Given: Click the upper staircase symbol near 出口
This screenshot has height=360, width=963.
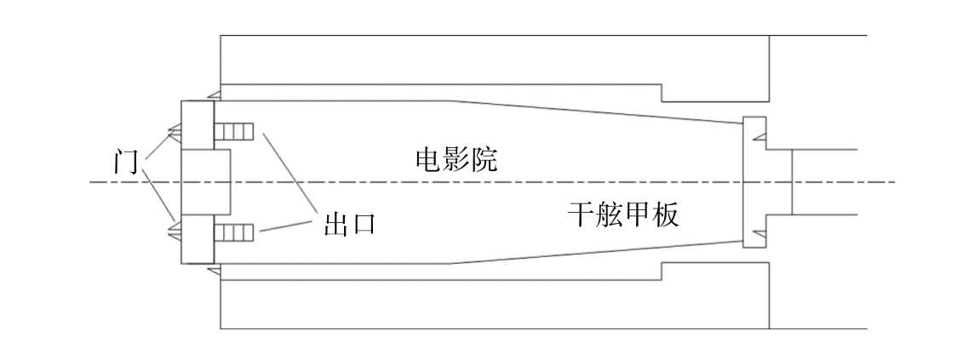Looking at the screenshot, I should [234, 132].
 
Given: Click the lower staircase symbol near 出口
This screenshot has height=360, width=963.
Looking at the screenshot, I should [234, 232].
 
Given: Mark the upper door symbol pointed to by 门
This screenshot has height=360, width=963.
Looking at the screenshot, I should [175, 129].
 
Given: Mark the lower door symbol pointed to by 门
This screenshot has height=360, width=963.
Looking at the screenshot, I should [175, 228].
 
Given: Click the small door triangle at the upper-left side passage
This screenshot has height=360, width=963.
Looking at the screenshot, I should [215, 93].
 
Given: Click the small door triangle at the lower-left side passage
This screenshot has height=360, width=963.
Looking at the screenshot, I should [215, 271].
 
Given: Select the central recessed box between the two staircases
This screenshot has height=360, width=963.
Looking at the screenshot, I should [206, 181].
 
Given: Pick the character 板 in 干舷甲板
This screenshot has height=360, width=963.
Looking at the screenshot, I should [665, 215].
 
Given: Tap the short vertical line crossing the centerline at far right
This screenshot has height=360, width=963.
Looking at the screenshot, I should [792, 181].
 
